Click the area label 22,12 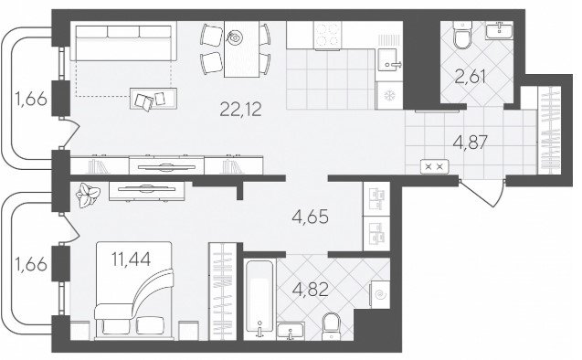tap(240, 109)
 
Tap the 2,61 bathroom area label tap(470, 77)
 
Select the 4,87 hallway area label tap(470, 143)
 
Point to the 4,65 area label tap(310, 217)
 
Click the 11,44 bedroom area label tap(131, 259)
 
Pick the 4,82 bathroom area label tap(310, 290)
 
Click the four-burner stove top tap(327, 36)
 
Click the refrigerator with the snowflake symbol tap(389, 96)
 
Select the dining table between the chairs tap(241, 49)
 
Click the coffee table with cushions tap(153, 99)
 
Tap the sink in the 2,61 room tap(499, 29)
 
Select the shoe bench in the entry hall tap(434, 166)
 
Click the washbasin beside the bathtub tap(291, 331)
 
